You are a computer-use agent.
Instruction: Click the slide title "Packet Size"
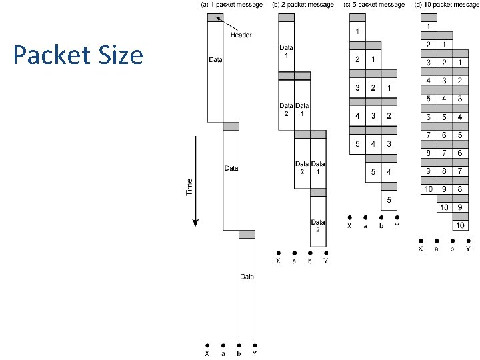(78, 55)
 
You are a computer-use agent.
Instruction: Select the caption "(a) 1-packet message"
(231, 5)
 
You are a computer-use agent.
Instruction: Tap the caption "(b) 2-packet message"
(303, 5)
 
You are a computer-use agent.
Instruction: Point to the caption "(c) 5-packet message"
(373, 5)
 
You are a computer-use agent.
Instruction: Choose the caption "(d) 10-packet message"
(446, 5)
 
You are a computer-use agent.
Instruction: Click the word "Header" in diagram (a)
(240, 35)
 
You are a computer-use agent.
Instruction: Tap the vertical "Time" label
(189, 186)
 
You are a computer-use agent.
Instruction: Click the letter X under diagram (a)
(207, 353)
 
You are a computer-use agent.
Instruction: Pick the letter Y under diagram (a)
(255, 353)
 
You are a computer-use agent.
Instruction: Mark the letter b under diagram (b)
(310, 261)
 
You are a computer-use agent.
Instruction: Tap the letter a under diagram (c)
(365, 225)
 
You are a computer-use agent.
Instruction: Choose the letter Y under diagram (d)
(468, 249)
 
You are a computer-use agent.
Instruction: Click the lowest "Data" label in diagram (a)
(247, 276)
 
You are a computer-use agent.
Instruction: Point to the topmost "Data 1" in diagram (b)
(286, 51)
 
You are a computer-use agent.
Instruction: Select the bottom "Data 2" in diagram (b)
(318, 225)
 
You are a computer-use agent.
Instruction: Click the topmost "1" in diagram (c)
(357, 31)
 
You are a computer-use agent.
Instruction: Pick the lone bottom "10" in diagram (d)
(460, 226)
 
